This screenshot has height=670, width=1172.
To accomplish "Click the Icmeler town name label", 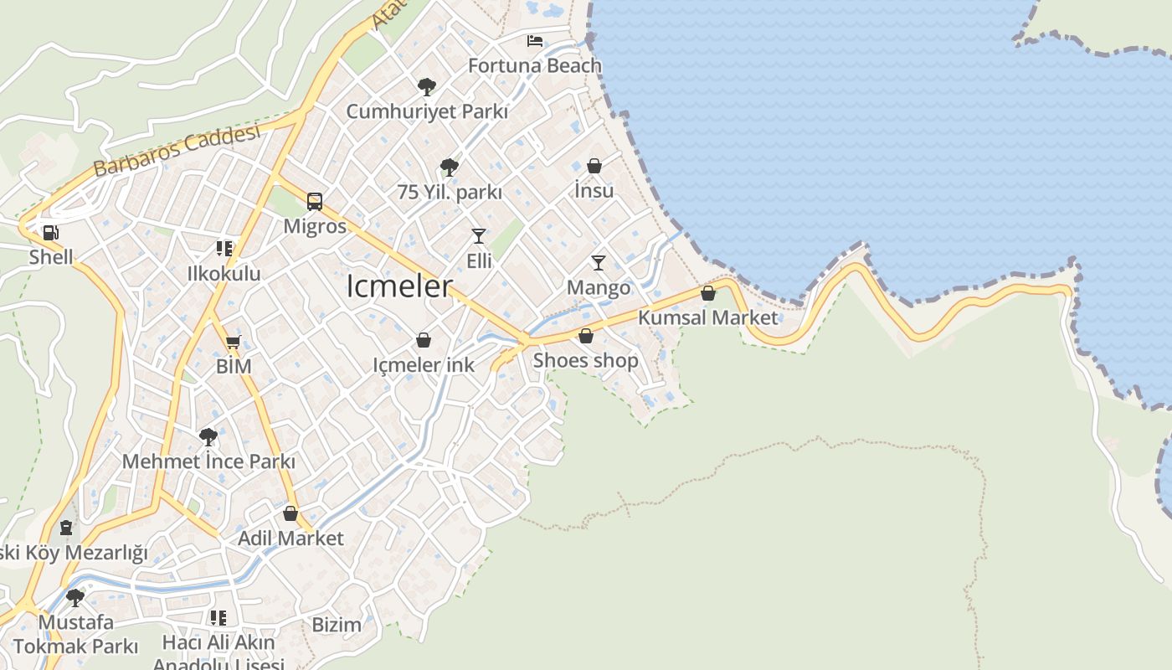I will tap(399, 286).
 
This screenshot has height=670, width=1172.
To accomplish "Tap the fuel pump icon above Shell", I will tap(51, 233).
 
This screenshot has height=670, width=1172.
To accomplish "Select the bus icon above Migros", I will tap(315, 201).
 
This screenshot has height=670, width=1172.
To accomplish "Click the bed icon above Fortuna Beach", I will tap(534, 40).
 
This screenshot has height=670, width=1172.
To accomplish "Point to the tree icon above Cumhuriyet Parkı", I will tap(427, 86).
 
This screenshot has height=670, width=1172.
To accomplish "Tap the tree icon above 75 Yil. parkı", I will tap(450, 167).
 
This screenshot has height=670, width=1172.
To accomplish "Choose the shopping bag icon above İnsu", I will tap(594, 166).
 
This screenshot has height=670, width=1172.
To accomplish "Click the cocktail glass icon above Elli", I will tap(479, 236).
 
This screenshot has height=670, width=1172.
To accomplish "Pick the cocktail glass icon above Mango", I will tap(599, 263).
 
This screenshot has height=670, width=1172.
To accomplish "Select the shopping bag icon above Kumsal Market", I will tap(708, 293).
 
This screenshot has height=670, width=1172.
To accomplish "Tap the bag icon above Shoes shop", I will tap(586, 336).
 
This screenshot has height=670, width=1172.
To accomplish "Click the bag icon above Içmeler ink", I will tap(424, 340).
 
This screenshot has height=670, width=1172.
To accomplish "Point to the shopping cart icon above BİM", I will tap(234, 341).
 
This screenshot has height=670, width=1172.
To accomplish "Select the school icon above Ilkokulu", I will tap(224, 249).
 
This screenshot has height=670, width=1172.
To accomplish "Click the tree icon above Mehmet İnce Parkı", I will tap(208, 436).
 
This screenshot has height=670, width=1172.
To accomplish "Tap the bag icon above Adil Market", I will tap(290, 513).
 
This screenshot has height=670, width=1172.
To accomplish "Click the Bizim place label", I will tap(337, 625).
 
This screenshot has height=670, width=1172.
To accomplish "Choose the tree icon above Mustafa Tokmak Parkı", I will tap(75, 597).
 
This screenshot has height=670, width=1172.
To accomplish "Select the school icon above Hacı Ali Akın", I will tap(218, 618).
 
